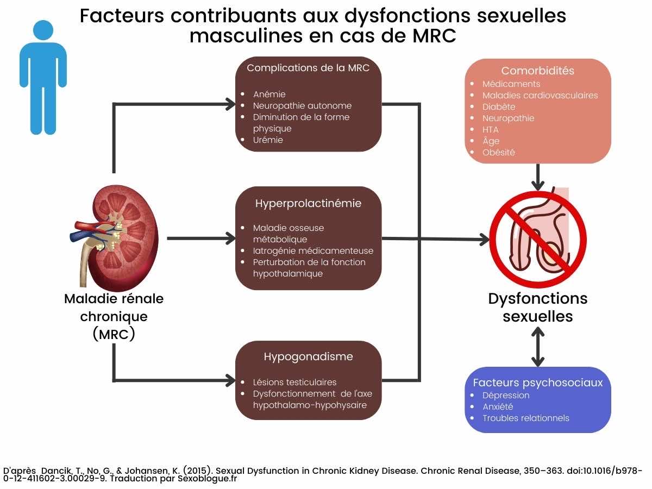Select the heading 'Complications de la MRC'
coord(308,68)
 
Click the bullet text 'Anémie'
coord(269,94)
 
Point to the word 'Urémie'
coord(268,140)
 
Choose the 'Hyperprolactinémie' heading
coord(308,204)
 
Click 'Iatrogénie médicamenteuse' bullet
coord(313,250)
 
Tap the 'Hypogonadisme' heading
coord(308,357)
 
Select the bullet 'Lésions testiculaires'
coord(294,382)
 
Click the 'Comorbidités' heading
coord(537,71)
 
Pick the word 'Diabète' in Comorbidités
coord(499,106)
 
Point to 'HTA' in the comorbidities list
coord(490,129)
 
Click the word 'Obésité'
coord(498,152)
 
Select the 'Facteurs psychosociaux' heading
coord(537,383)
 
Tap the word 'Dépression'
coord(505,395)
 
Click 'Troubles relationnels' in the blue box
coord(525,418)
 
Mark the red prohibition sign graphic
coord(537,238)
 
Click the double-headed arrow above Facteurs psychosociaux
coord(537,347)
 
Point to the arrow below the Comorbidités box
coord(537,177)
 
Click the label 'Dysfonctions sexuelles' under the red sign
coord(537,307)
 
